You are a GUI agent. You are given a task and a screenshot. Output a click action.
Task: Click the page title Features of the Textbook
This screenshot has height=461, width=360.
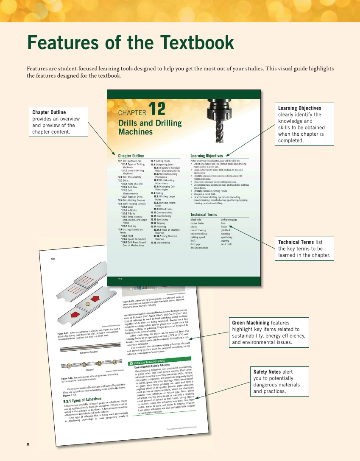pos(131,43)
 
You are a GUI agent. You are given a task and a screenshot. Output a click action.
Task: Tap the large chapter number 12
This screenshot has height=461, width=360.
pos(157,109)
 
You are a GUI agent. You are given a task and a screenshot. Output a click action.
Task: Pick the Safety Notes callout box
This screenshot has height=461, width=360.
pos(279,382)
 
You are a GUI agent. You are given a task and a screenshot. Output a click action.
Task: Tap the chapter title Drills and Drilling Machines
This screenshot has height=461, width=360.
pos(150,128)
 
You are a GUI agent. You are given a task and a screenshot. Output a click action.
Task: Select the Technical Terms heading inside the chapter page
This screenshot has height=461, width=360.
pos(204,215)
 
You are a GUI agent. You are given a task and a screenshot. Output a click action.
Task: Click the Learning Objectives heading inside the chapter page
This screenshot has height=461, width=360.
pos(207,156)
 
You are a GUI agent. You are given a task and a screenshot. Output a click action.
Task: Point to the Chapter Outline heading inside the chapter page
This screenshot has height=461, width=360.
pos(131,156)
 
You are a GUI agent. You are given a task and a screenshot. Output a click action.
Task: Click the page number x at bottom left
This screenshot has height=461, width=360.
pos(28,444)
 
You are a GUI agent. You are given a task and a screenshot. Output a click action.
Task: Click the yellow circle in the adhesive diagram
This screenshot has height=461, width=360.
pos(87,304)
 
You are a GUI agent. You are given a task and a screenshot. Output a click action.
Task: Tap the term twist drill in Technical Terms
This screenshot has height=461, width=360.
pos(226,244)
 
